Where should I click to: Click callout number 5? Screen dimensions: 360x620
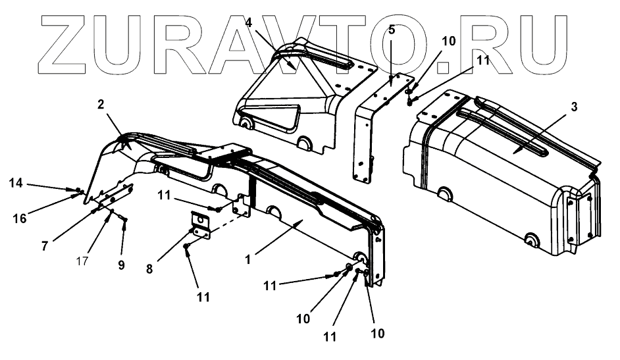point(391,30)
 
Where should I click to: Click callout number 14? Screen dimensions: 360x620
point(17,183)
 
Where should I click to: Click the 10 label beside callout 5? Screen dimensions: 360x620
point(448,41)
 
